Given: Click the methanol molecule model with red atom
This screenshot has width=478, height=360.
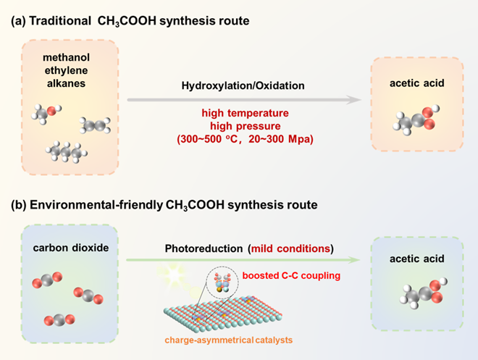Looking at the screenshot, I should click(x=46, y=112).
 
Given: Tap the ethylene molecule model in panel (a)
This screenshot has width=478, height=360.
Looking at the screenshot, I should click(x=94, y=125).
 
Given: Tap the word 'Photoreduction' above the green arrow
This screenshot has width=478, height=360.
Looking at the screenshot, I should click(x=204, y=248).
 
